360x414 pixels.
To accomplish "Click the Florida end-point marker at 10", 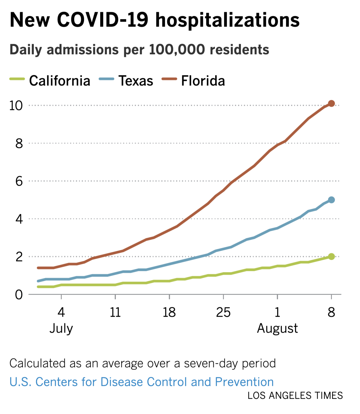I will tap(331, 103).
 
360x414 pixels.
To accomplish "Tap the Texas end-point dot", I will tap(331, 200).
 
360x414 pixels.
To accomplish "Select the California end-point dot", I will tap(331, 257).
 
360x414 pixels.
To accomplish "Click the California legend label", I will tap(60, 81).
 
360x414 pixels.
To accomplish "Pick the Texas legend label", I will tap(136, 81).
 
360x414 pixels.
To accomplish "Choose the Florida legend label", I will tap(203, 81).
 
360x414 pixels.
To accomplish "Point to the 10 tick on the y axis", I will tap(16, 105).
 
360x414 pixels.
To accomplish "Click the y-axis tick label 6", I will tap(19, 181).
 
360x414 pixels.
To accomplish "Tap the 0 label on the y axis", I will tap(19, 295).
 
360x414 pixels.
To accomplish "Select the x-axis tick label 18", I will tap(169, 312).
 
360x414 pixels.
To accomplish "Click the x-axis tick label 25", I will tap(223, 312).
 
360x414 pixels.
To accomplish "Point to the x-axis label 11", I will tap(115, 312).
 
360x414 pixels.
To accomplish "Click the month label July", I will tap(61, 329).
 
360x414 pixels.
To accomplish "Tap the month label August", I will tap(277, 329).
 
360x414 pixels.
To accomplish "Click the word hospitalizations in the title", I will tap(227, 20).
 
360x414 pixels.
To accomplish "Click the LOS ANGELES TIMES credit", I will tap(295, 396).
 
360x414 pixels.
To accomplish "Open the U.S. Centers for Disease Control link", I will tap(141, 382).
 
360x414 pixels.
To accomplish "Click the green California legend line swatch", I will tap(17, 79).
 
